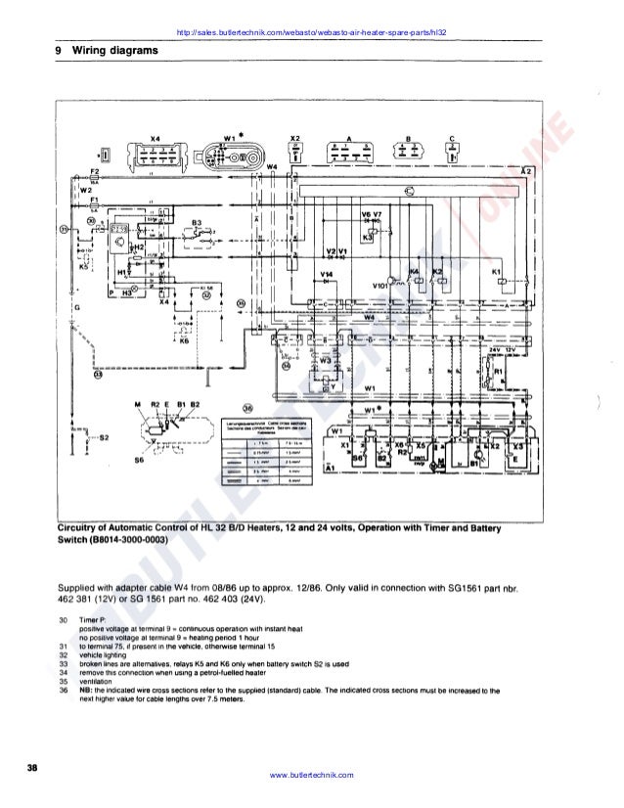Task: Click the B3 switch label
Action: (196, 223)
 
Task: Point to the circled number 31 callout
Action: (65, 230)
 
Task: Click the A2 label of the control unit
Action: (526, 171)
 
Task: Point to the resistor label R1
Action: (496, 372)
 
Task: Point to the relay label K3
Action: (368, 238)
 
